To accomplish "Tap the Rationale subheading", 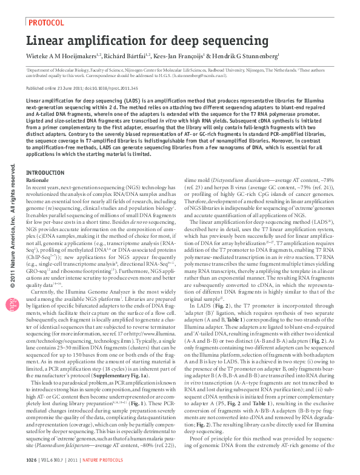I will pos(38,180).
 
